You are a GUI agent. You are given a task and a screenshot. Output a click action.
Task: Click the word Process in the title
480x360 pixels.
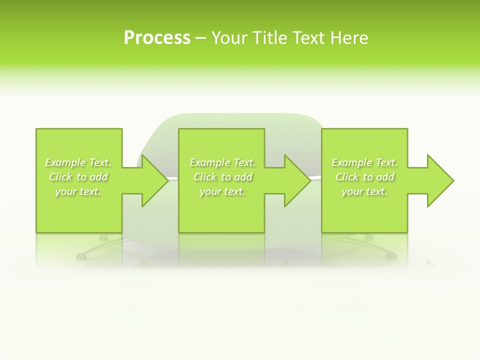point(157,38)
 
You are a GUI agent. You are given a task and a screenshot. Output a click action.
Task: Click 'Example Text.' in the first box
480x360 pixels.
point(78,162)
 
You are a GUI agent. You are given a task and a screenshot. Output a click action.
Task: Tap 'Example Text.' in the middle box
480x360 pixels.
point(222,162)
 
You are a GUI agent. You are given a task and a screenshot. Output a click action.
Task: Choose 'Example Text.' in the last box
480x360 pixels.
point(364,162)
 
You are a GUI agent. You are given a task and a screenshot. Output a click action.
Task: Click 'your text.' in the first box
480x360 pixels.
point(78,191)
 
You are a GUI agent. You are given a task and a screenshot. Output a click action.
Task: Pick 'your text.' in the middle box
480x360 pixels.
point(222,191)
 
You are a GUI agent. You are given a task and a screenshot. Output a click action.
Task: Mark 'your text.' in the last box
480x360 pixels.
point(364,191)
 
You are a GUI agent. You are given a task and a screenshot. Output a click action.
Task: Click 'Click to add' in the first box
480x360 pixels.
point(78,177)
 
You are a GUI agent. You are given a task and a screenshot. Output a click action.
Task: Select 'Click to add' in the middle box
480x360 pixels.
point(222,177)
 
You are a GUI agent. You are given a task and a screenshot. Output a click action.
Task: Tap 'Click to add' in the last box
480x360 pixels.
point(364,177)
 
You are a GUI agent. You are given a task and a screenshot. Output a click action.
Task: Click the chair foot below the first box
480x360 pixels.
point(81,257)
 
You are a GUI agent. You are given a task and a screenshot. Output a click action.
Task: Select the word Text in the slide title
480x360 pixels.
point(307,38)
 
